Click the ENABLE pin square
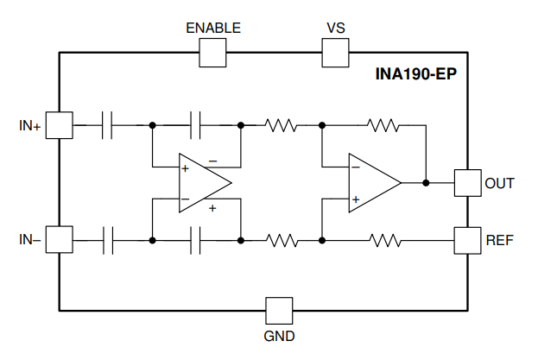212,53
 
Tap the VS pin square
336,53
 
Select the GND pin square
279,311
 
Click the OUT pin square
468,183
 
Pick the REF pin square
468,240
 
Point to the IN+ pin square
60,125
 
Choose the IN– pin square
60,239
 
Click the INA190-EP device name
416,74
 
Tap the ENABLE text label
213,28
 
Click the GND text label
279,337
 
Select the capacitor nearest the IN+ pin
107,125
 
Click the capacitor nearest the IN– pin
108,240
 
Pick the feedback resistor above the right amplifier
383,125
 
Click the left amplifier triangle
206,183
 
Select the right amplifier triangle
375,183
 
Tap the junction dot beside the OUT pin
426,183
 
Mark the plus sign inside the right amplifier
356,199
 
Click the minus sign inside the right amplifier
356,167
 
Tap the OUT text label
499,183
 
